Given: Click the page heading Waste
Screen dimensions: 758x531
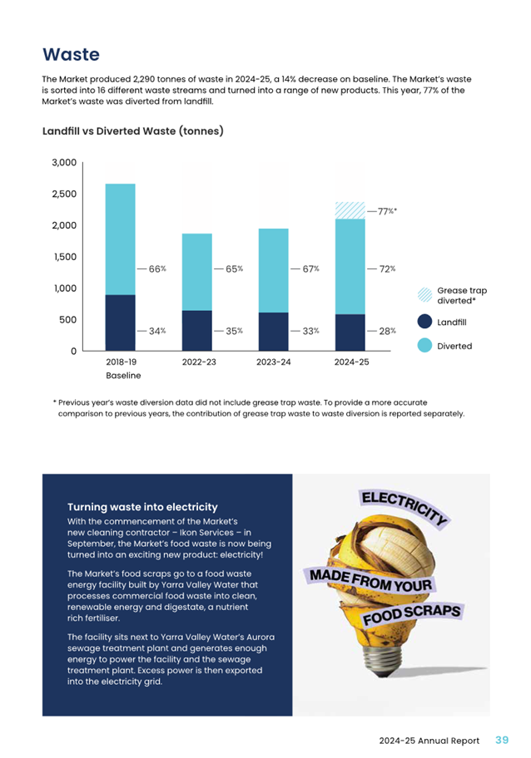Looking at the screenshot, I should click(x=71, y=55).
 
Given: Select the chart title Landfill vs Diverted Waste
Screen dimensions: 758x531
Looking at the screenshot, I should click(x=132, y=131).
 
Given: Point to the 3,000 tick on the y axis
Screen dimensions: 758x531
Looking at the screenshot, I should click(x=63, y=163).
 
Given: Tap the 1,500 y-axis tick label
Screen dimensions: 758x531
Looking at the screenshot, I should click(x=63, y=257).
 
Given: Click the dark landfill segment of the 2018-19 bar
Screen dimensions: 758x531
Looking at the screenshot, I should click(x=120, y=322).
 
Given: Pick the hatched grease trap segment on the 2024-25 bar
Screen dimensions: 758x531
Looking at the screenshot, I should click(x=350, y=210).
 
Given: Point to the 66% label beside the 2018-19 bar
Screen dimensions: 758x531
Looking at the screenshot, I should click(x=157, y=269).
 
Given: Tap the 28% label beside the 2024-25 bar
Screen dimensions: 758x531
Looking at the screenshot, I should click(x=387, y=331).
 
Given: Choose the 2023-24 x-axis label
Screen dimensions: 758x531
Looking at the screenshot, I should click(x=274, y=363).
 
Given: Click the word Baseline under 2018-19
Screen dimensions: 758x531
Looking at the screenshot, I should click(x=123, y=377).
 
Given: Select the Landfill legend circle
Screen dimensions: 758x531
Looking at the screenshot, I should click(x=424, y=322).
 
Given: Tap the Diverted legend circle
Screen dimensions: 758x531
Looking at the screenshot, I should click(x=424, y=346).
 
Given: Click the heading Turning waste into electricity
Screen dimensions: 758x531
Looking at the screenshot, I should click(x=142, y=507).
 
